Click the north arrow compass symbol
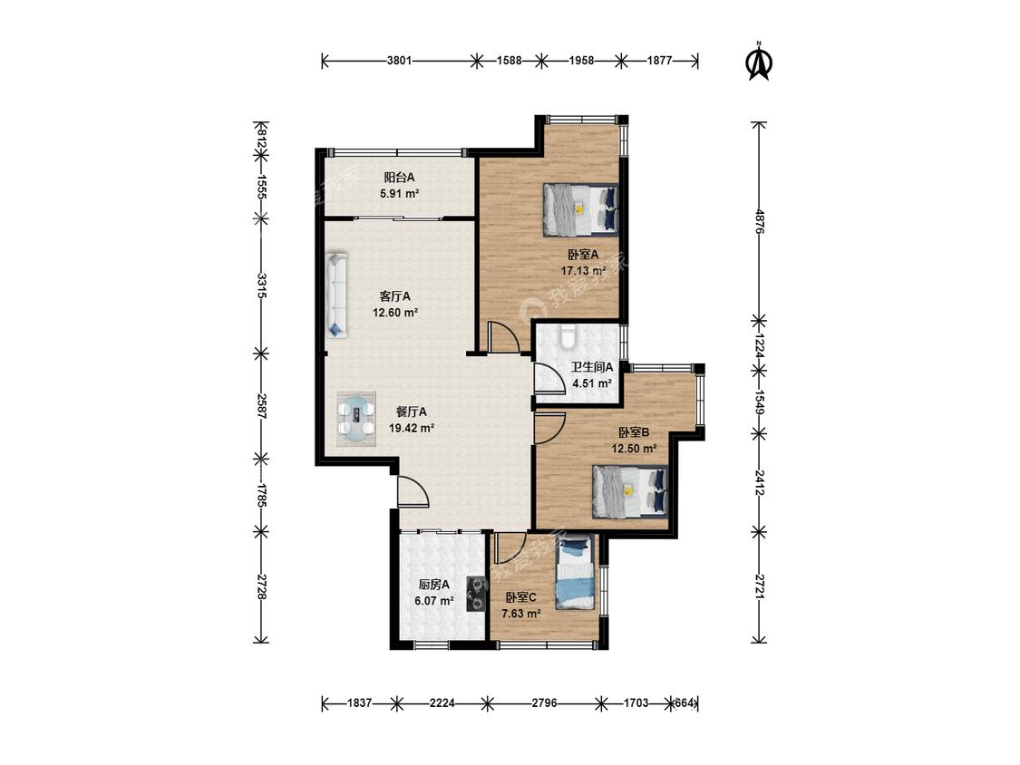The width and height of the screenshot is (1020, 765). pyautogui.click(x=759, y=61)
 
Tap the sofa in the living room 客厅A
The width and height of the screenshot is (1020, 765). pyautogui.click(x=337, y=295)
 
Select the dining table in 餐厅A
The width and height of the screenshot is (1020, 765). pyautogui.click(x=356, y=418)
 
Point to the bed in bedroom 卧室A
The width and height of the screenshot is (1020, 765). pyautogui.click(x=580, y=208)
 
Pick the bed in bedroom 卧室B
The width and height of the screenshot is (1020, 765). pyautogui.click(x=630, y=491)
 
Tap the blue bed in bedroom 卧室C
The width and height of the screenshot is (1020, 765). pyautogui.click(x=575, y=572)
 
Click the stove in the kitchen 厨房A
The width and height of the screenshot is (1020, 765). pyautogui.click(x=478, y=595)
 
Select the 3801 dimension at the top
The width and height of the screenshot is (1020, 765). pyautogui.click(x=400, y=61)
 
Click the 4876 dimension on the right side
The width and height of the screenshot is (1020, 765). pyautogui.click(x=759, y=221)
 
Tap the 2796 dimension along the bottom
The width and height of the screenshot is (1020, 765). pyautogui.click(x=545, y=702)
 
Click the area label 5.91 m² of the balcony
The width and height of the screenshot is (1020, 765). pyautogui.click(x=400, y=193)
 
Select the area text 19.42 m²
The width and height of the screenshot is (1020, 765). pyautogui.click(x=411, y=428)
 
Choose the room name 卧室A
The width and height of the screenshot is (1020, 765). pyautogui.click(x=583, y=255)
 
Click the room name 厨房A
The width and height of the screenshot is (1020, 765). pyautogui.click(x=434, y=585)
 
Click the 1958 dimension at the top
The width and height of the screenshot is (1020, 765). pyautogui.click(x=581, y=61)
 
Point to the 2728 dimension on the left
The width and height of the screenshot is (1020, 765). pyautogui.click(x=261, y=587)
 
